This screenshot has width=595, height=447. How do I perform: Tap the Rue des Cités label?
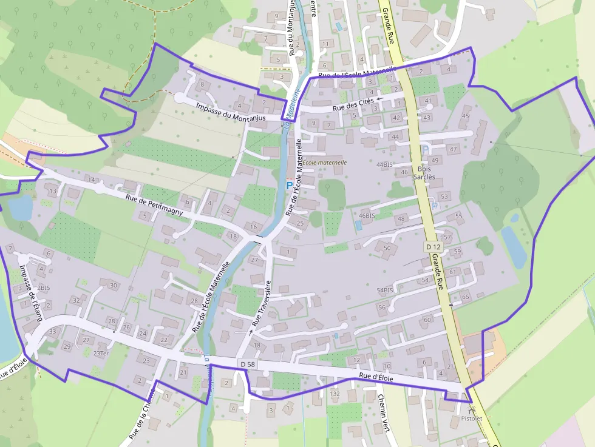tap(353, 104)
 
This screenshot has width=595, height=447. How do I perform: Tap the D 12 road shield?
tap(432, 247)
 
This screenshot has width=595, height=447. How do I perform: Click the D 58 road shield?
tap(246, 363)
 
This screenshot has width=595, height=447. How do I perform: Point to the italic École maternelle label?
tap(325, 163)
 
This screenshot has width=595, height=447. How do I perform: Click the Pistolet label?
tap(471, 418)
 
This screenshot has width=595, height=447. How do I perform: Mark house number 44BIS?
tap(384, 164)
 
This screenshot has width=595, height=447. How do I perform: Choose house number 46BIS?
tap(366, 215)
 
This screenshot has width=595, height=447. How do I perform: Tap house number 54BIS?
tap(385, 291)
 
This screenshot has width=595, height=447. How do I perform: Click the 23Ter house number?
tap(101, 354)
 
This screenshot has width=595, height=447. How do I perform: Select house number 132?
tap(335, 394)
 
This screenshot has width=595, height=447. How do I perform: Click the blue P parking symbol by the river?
tap(289, 185)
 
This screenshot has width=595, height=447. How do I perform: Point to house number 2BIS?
tap(43, 287)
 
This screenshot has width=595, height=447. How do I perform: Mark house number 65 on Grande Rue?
tap(466, 297)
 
